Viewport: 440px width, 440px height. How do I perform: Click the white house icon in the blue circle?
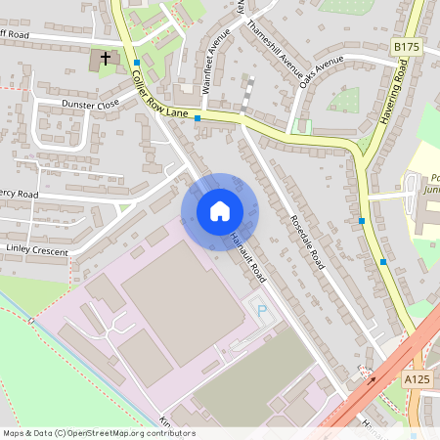pyautogui.click(x=220, y=211)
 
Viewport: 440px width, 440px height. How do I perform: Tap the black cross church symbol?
pyautogui.click(x=106, y=59)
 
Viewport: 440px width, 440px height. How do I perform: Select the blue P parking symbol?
pyautogui.click(x=260, y=310)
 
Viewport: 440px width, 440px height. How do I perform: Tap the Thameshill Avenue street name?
pyautogui.click(x=276, y=48)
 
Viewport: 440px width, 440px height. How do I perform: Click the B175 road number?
pyautogui.click(x=406, y=46)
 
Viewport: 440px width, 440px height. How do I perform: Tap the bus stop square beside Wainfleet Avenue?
pyautogui.click(x=198, y=118)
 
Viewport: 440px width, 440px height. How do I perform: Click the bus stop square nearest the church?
pyautogui.click(x=137, y=63)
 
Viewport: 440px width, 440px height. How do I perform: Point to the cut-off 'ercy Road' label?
pyautogui.click(x=20, y=195)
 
